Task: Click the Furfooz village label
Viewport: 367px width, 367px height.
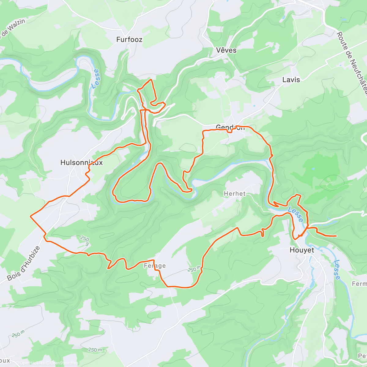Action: (129, 39)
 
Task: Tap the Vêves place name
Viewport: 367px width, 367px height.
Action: (226, 50)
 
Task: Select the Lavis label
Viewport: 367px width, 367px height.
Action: (291, 80)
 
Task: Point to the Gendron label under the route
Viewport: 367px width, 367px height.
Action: (230, 127)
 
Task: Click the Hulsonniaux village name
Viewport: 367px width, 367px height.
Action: (82, 163)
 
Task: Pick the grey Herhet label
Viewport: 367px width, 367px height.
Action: (235, 194)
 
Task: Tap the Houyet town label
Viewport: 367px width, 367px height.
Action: (302, 250)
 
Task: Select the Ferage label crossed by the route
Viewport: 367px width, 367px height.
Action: (155, 266)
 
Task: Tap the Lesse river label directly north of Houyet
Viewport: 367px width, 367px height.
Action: (295, 214)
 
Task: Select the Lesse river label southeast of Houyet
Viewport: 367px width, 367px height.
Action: (336, 269)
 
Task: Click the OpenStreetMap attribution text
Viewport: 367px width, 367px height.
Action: (64, 363)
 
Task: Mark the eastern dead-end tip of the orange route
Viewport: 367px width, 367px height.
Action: (336, 236)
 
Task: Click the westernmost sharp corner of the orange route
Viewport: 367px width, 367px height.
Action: (30, 216)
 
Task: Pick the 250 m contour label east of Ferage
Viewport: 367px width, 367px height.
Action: (195, 269)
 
